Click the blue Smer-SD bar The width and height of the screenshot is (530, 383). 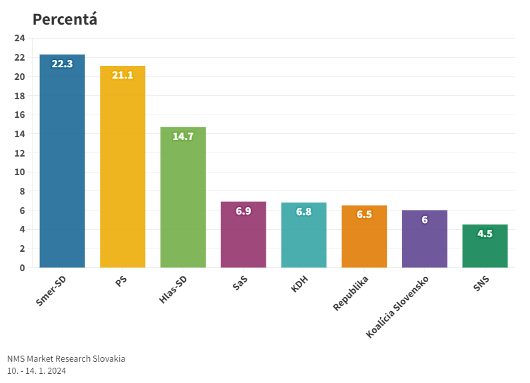(62, 167)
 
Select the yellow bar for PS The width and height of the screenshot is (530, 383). (123, 173)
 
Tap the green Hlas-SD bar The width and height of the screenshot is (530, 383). (183, 200)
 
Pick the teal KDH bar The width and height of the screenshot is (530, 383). (304, 240)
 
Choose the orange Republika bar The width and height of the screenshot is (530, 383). (364, 243)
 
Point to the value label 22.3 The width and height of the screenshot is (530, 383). (62, 64)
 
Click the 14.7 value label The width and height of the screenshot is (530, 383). (183, 137)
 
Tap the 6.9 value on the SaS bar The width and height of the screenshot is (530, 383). (243, 211)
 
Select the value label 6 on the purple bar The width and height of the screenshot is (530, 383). (425, 220)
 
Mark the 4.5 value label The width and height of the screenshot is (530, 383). (485, 234)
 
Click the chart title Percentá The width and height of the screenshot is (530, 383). (65, 19)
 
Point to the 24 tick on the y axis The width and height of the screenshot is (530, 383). (19, 38)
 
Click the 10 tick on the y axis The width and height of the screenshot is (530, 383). (19, 172)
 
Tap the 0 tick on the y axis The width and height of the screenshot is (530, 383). (22, 268)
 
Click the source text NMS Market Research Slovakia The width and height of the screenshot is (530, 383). (66, 358)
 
